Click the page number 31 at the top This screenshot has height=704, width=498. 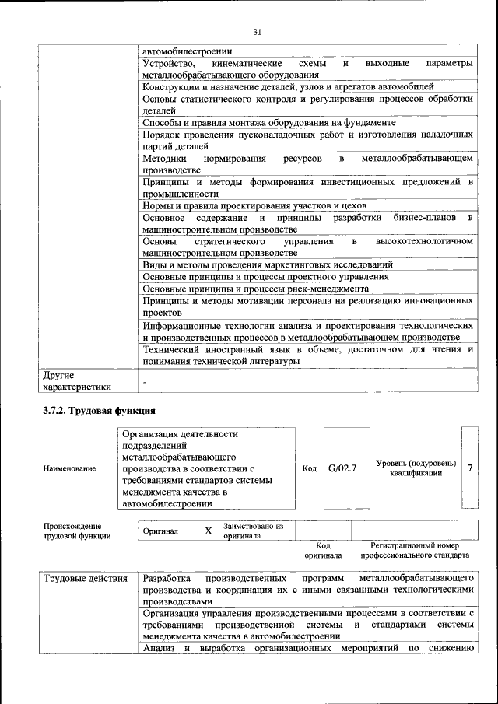tap(258, 32)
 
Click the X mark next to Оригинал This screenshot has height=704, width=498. tap(208, 531)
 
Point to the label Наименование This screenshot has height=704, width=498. tap(70, 468)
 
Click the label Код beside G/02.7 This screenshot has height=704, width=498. tap(309, 468)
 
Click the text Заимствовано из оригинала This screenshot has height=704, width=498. tap(252, 531)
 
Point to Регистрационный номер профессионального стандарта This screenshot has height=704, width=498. tap(415, 551)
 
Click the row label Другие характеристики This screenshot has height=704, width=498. tap(77, 380)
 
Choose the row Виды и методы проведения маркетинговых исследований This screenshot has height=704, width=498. tap(268, 264)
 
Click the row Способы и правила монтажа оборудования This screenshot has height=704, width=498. tap(269, 122)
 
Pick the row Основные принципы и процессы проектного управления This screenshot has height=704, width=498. tap(266, 276)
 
